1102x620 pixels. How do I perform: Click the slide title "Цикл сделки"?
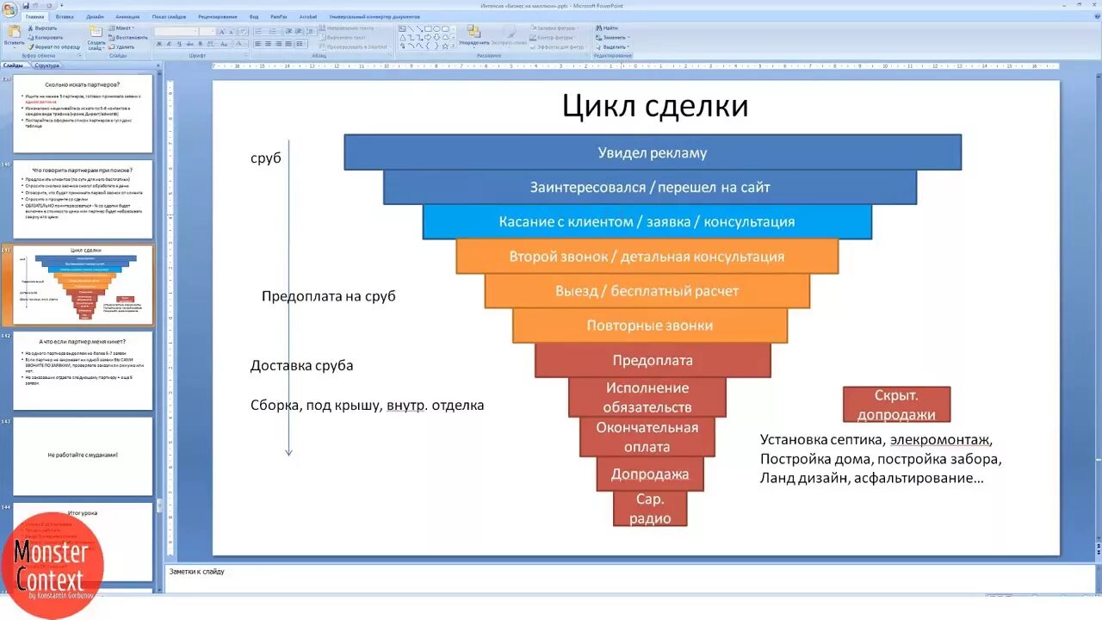tap(654, 106)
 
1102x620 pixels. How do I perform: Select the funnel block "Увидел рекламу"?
tap(652, 152)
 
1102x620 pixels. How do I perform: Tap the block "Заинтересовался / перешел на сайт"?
tap(649, 187)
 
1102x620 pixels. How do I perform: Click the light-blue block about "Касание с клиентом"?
tap(647, 222)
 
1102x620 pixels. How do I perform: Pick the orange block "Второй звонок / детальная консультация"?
tap(647, 257)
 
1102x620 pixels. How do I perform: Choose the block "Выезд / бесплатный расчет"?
tap(647, 291)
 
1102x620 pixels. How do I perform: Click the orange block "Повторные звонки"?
tap(649, 325)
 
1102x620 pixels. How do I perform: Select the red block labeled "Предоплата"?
tap(652, 360)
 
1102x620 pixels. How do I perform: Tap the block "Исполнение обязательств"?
tap(647, 397)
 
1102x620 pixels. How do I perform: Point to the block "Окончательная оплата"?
tap(647, 437)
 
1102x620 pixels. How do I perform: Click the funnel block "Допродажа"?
tap(650, 474)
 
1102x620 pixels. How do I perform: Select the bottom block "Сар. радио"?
tap(649, 508)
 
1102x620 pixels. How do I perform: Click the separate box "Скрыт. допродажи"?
tap(896, 404)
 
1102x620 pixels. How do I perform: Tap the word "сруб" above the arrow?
tap(265, 158)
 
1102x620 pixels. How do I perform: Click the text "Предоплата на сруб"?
tap(328, 296)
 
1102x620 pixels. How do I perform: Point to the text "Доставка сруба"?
tap(301, 365)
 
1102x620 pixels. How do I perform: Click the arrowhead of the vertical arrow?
tap(288, 452)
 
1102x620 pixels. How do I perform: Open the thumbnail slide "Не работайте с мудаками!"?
tap(83, 455)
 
